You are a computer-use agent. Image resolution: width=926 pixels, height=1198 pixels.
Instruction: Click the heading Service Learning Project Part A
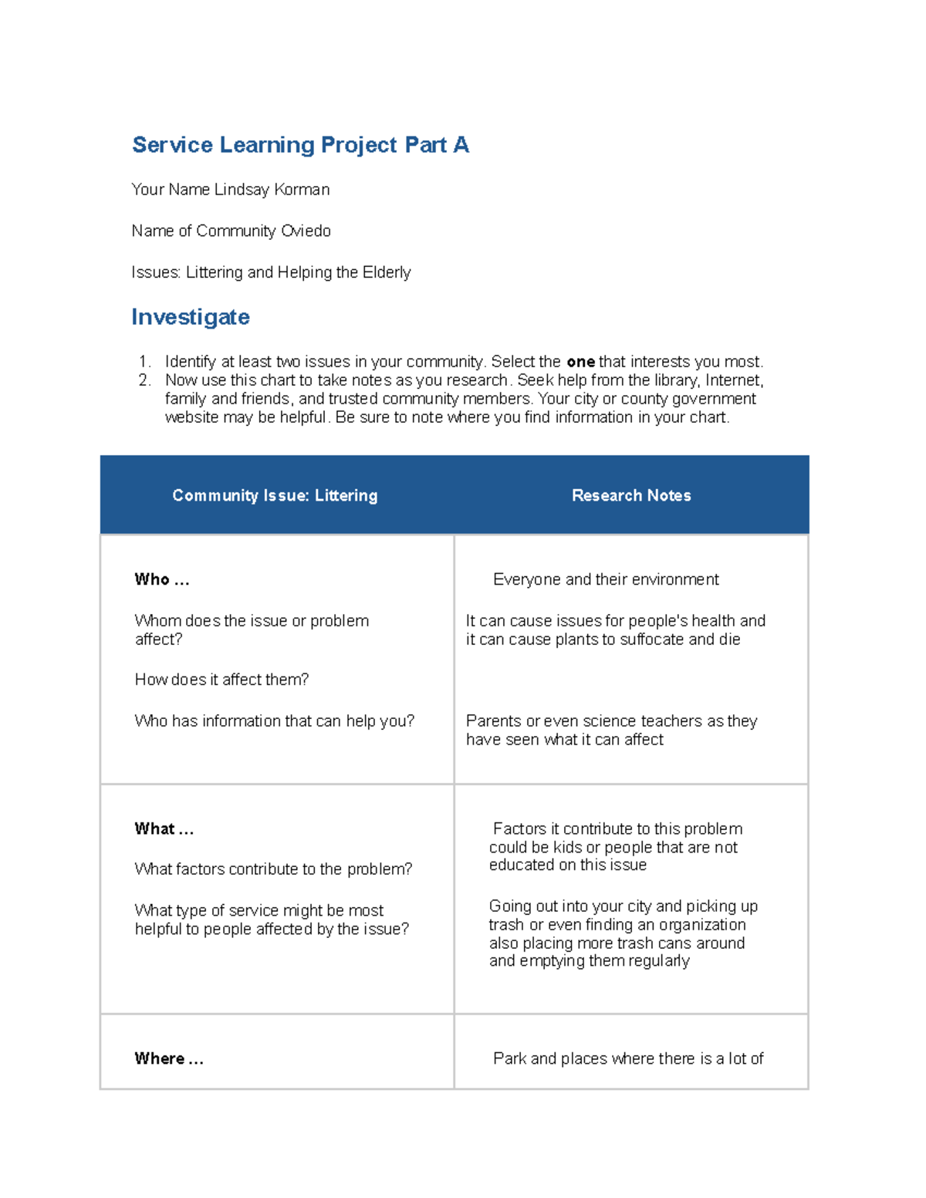[x=300, y=145]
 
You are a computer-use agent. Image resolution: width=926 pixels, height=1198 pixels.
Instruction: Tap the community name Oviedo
[x=306, y=231]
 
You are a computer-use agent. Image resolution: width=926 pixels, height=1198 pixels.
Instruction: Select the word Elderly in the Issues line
[x=387, y=272]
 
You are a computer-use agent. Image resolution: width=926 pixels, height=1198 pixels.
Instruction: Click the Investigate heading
[x=191, y=317]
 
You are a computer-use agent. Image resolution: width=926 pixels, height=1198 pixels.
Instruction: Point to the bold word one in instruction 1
[x=580, y=362]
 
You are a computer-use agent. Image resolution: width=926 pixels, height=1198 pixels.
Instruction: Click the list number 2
[x=144, y=380]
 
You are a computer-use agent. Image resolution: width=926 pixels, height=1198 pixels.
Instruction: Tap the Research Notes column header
[x=631, y=495]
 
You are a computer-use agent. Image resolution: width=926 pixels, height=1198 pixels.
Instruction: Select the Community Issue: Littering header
[x=275, y=495]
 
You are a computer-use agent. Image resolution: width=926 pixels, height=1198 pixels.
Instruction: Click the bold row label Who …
[x=162, y=579]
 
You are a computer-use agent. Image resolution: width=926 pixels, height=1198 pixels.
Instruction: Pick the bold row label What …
[x=164, y=828]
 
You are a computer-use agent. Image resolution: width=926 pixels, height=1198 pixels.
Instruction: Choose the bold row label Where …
[x=169, y=1058]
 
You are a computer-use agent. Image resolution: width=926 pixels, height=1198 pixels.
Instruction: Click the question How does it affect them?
[x=221, y=680]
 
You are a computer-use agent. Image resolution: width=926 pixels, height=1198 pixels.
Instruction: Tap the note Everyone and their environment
[x=606, y=579]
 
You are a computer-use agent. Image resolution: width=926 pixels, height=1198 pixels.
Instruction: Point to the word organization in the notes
[x=702, y=924]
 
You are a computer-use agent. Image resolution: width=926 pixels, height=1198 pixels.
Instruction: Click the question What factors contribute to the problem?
[x=273, y=869]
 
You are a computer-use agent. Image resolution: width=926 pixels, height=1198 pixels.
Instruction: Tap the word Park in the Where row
[x=509, y=1058]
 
